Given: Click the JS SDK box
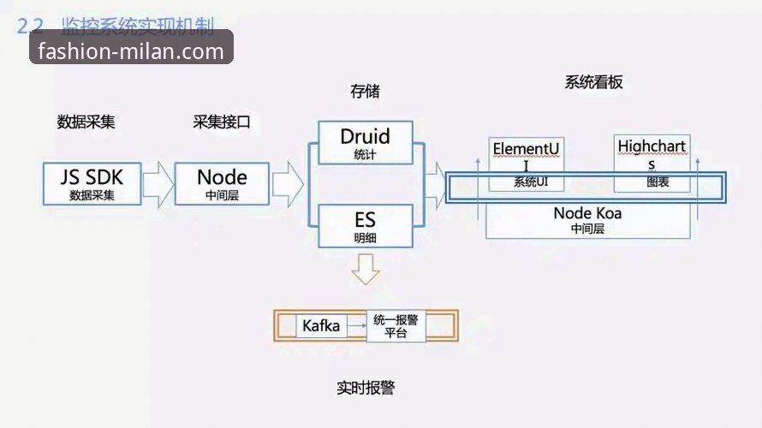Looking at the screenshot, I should [x=92, y=183].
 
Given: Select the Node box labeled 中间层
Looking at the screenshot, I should [x=222, y=183].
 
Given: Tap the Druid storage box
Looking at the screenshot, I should [x=365, y=142].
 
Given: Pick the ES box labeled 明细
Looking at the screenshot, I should [x=365, y=227].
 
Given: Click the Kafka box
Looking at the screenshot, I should [x=321, y=326].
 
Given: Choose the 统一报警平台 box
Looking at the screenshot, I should [x=396, y=326].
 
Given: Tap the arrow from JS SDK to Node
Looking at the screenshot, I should [x=158, y=184].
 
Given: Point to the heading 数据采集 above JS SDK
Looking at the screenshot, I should [x=86, y=122].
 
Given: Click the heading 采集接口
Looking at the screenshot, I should [x=222, y=122].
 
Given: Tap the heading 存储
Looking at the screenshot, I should [x=365, y=91].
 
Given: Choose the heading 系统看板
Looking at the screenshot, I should [x=593, y=83].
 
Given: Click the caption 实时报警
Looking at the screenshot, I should [x=366, y=388].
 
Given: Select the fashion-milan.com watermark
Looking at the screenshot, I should [x=131, y=51].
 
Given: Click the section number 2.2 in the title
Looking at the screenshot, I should [x=29, y=27].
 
